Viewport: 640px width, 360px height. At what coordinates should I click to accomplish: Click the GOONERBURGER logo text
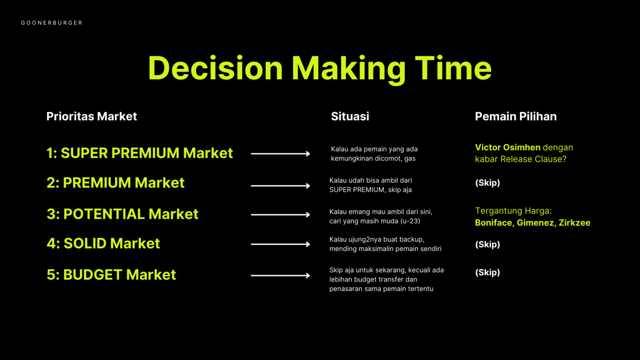52,23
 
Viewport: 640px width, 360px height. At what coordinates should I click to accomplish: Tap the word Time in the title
453,68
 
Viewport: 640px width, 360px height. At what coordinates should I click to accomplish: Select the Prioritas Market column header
92,116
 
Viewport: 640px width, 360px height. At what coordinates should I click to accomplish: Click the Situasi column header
350,116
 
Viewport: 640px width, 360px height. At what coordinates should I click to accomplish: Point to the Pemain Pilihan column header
516,116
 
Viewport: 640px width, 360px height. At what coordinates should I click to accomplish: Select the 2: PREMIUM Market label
115,183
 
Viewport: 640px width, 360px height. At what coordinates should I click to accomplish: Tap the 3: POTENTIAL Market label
122,214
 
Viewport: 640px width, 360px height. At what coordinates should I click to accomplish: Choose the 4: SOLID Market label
103,244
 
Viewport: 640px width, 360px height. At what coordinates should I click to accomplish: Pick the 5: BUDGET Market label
111,274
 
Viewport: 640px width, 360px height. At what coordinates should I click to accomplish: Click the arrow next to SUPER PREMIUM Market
280,154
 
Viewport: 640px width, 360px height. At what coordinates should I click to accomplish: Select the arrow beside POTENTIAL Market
280,214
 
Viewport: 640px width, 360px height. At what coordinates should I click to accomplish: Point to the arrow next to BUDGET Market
280,275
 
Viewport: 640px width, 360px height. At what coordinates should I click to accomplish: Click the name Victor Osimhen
508,148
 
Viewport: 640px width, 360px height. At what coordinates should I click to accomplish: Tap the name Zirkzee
574,222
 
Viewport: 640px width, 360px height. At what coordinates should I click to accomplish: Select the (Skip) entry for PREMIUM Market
487,183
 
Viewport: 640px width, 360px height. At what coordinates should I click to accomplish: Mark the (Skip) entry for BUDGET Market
487,272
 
